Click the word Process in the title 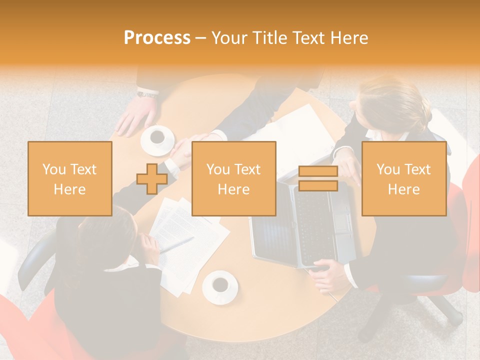click(x=157, y=38)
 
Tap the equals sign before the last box click(x=318, y=179)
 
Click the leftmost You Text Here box click(x=69, y=179)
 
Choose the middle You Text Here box click(x=233, y=179)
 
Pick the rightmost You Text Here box click(x=403, y=179)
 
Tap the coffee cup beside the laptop click(x=219, y=285)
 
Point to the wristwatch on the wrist click(x=147, y=93)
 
